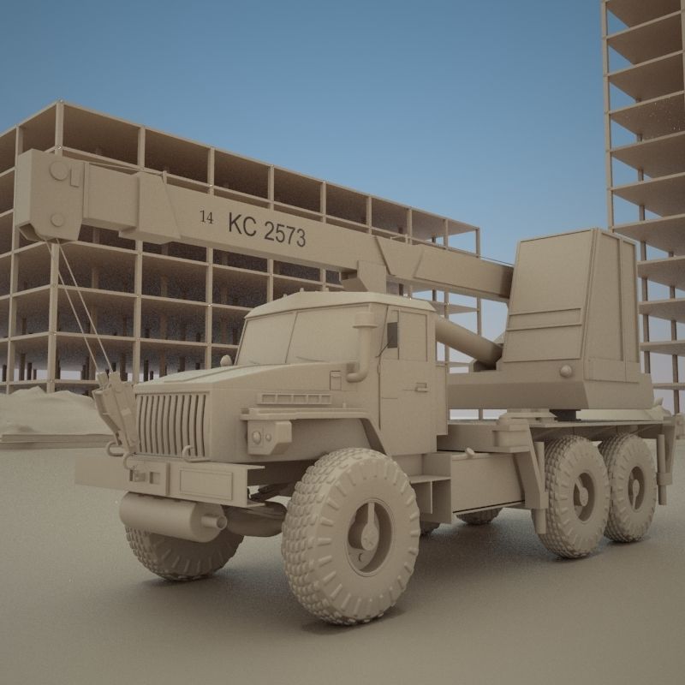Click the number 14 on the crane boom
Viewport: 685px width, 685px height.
pyautogui.click(x=206, y=217)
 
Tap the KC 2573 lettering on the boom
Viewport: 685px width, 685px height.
pyautogui.click(x=266, y=229)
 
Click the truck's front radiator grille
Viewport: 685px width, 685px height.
pyautogui.click(x=171, y=425)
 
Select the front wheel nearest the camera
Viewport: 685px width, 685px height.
pyautogui.click(x=351, y=536)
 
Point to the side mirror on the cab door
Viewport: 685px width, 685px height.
pyautogui.click(x=392, y=334)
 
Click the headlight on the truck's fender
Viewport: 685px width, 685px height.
pyautogui.click(x=257, y=437)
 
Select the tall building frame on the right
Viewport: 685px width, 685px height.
pyautogui.click(x=646, y=171)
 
